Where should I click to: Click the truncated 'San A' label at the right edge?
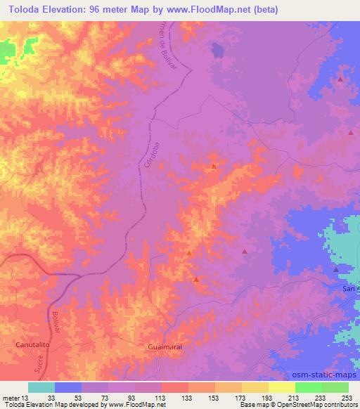click(x=350, y=288)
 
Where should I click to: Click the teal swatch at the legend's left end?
click(x=41, y=387)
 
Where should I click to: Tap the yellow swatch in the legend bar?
click(x=282, y=387)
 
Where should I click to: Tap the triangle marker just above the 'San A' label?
click(x=336, y=269)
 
